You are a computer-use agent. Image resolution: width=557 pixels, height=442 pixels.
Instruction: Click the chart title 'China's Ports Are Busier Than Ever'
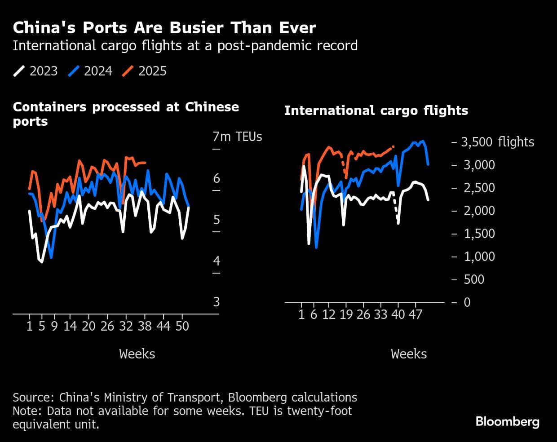164,28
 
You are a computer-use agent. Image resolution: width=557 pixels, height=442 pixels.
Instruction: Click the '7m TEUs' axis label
237,137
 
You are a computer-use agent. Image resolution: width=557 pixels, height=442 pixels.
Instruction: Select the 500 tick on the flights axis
474,279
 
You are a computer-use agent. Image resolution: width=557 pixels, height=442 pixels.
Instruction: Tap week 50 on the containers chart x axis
182,326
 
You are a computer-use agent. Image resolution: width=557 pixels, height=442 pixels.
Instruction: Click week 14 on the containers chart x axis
70,326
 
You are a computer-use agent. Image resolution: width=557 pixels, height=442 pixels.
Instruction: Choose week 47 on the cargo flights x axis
416,314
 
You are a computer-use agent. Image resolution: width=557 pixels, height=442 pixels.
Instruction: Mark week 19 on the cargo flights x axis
346,314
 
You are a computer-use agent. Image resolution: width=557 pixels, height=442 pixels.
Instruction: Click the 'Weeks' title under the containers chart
137,354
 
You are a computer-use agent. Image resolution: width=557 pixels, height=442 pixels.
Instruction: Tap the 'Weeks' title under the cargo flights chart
409,354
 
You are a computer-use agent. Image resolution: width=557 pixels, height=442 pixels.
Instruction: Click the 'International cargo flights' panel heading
376,110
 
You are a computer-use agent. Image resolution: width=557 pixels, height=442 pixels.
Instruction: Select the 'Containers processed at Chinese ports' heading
126,114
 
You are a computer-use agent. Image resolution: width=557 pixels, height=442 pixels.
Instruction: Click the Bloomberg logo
507,422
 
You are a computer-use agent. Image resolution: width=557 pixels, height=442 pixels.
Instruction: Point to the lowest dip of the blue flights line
316,247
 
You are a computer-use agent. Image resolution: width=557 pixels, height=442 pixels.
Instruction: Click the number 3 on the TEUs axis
217,302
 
